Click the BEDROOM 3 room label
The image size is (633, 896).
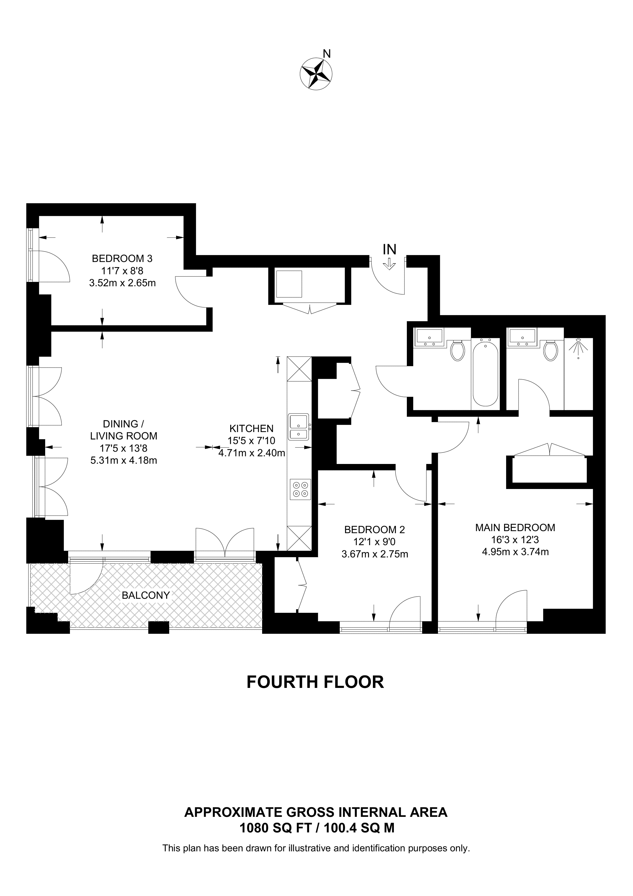122,258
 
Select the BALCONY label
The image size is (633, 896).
146,595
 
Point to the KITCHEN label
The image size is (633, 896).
251,429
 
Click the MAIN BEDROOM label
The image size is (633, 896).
515,528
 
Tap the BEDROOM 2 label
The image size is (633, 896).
374,530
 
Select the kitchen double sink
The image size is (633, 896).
299,427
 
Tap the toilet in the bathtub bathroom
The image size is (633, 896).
457,350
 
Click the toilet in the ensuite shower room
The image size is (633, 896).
551,350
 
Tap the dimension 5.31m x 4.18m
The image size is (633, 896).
124,461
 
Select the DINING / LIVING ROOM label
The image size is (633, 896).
124,430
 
